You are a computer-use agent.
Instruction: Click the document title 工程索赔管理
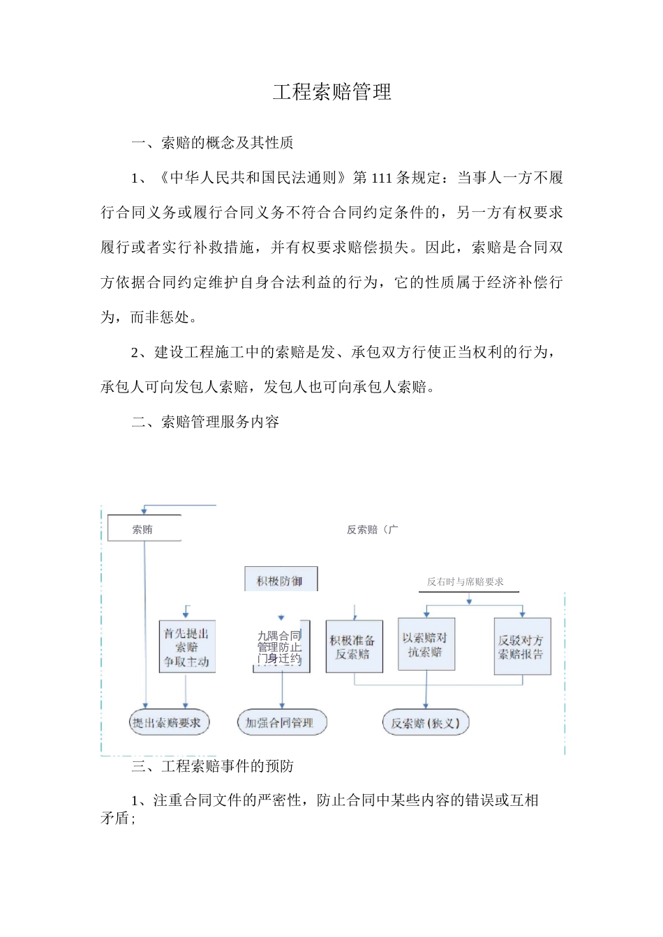point(331,92)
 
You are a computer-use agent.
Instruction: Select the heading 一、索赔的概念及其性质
point(212,143)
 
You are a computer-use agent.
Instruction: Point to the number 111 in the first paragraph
point(381,178)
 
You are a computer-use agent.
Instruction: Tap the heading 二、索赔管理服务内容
point(205,422)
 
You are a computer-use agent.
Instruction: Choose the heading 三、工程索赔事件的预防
point(212,766)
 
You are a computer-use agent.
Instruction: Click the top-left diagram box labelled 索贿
point(144,529)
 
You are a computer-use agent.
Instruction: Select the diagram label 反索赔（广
point(372,530)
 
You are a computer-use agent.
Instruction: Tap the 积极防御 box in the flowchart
point(281,580)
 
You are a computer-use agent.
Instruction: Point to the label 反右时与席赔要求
point(465,581)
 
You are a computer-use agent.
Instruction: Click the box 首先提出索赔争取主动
point(186,647)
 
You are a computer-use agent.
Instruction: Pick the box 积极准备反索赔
point(353,647)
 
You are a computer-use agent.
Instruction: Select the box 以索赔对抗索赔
point(426,645)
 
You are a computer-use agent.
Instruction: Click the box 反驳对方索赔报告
point(521,647)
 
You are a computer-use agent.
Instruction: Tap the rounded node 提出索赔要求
point(167,723)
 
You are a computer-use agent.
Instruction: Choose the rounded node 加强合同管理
point(281,723)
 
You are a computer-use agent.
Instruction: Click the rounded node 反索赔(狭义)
point(425,723)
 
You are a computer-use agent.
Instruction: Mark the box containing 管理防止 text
point(281,647)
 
